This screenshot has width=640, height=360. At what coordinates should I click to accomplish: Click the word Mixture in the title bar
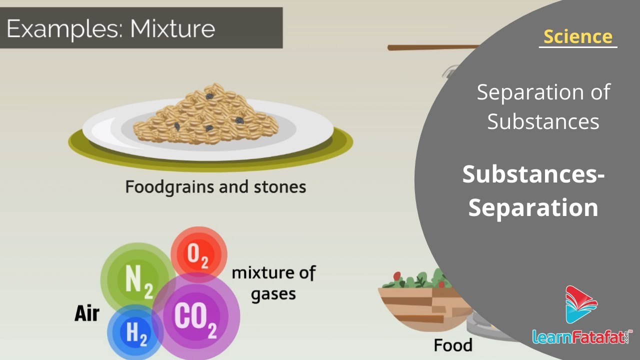tap(172, 28)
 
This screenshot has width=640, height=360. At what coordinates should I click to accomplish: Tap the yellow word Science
tap(577, 36)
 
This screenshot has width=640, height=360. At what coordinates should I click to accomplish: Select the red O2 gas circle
tap(199, 254)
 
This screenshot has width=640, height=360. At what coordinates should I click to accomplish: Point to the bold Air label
tap(87, 313)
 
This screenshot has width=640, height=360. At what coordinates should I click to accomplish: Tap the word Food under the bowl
tap(453, 345)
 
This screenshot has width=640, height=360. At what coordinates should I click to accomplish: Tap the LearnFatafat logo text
tap(582, 336)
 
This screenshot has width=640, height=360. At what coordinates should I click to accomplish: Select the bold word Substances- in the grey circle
tap(533, 174)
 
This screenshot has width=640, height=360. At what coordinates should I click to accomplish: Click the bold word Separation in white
tap(533, 207)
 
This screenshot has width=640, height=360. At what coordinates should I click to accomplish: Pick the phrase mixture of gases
tap(273, 283)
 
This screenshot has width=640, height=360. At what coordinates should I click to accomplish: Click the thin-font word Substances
tap(543, 121)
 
